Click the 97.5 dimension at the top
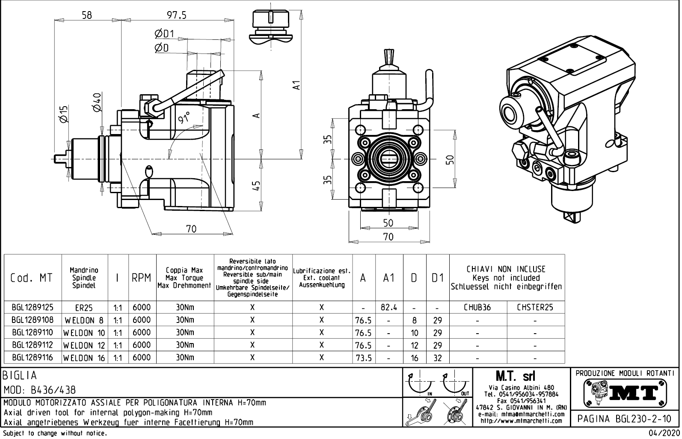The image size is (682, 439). pos(176,15)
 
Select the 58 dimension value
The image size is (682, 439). pos(86,15)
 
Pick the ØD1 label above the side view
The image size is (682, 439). pos(164,34)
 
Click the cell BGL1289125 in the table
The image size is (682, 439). pos(33,308)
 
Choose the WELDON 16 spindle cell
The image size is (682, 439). pos(84,358)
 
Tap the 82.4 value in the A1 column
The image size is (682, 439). pos(388,308)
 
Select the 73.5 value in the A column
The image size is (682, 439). pos(363,358)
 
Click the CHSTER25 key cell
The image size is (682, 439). pos(535,308)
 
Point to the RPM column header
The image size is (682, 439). pos(142,278)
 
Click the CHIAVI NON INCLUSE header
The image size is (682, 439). pos(506,269)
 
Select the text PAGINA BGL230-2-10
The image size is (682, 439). pos(625,418)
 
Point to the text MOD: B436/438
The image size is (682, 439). pos(39,390)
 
